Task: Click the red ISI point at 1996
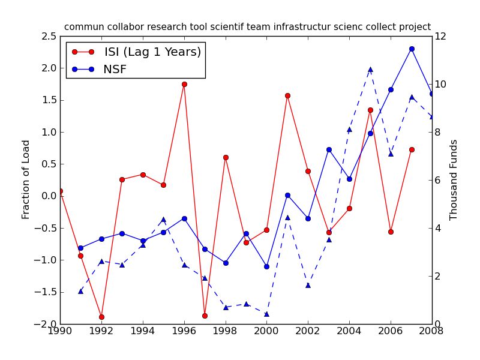pos(184,84)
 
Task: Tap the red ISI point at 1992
pos(101,317)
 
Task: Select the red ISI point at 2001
pos(287,95)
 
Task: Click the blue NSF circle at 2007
pos(412,49)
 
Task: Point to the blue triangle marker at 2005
pos(370,70)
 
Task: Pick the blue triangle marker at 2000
pos(266,314)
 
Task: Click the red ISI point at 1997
pos(205,316)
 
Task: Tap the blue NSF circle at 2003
pos(329,149)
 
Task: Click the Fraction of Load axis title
pos(26,179)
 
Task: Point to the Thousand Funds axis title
pos(454,180)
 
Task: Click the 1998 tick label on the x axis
pos(226,331)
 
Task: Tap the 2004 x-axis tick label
pos(349,331)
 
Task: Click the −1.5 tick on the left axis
pos(45,292)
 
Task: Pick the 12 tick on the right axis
pos(441,37)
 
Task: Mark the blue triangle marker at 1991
pos(80,291)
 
